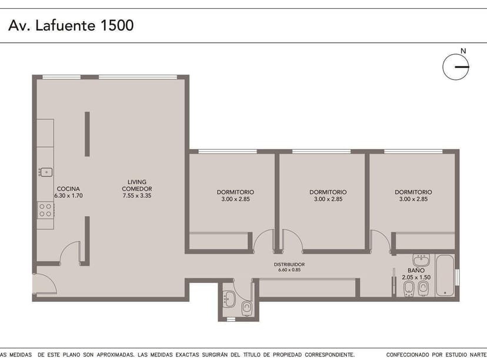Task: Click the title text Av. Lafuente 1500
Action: point(71,25)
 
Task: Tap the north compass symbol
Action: point(456,68)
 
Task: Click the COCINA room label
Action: point(68,189)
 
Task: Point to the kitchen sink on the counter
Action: point(45,172)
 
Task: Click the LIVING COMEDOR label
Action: point(137,185)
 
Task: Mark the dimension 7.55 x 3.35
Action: point(137,196)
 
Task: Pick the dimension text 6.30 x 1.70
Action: point(68,195)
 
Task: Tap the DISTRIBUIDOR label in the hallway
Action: point(289,265)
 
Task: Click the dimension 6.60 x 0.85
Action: point(289,270)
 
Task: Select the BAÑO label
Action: point(416,271)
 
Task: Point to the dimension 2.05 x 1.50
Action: point(416,277)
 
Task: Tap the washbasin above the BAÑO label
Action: point(421,260)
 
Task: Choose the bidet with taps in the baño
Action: point(422,288)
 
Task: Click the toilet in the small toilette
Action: point(246,307)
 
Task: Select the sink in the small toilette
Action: point(229,299)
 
